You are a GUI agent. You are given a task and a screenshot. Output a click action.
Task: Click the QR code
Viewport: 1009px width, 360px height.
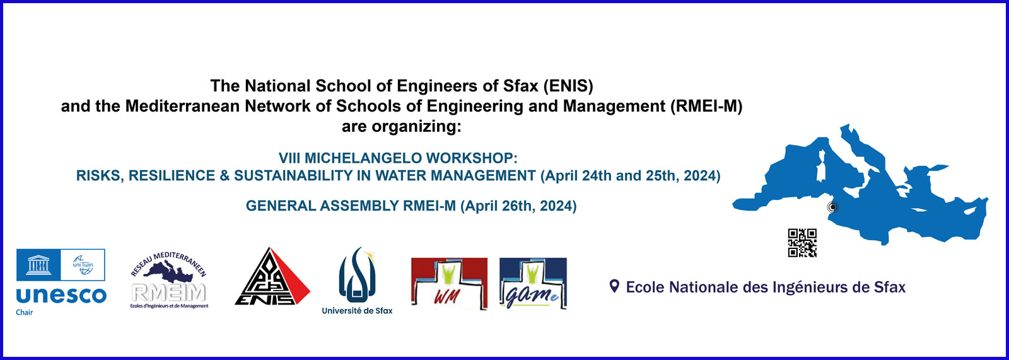802,243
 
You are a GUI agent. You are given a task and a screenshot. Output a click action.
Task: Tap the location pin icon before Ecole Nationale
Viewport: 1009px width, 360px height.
614,287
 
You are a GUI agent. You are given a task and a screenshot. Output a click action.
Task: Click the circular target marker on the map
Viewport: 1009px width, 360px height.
832,207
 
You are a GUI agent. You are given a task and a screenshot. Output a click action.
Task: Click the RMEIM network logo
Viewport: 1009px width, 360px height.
169,280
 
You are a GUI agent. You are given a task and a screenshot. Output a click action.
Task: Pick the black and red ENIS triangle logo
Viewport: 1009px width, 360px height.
272,277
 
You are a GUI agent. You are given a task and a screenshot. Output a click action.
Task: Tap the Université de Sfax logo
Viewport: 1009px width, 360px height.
357,281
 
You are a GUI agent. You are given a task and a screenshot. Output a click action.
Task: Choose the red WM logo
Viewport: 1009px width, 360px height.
449,283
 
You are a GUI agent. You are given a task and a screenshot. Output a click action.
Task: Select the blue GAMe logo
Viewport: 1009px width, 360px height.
533,283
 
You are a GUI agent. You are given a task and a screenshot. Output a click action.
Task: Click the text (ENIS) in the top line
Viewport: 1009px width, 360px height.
568,86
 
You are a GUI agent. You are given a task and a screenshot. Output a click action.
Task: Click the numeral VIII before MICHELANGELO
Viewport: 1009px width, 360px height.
289,158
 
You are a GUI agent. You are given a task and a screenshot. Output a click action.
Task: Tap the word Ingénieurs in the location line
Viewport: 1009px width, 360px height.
810,287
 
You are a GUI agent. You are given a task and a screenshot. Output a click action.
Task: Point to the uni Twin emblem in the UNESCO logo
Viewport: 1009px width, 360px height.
83,265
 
